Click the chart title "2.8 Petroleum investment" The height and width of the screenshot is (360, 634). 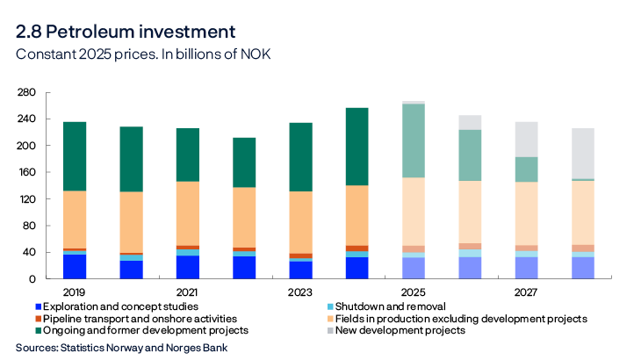tap(126, 32)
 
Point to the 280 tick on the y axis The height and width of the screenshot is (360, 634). tap(25, 92)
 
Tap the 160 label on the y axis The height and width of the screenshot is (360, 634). tap(25, 146)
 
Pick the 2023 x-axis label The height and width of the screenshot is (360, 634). tap(300, 292)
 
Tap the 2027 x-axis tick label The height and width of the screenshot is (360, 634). tap(526, 292)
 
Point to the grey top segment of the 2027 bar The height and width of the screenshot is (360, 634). tap(526, 139)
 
